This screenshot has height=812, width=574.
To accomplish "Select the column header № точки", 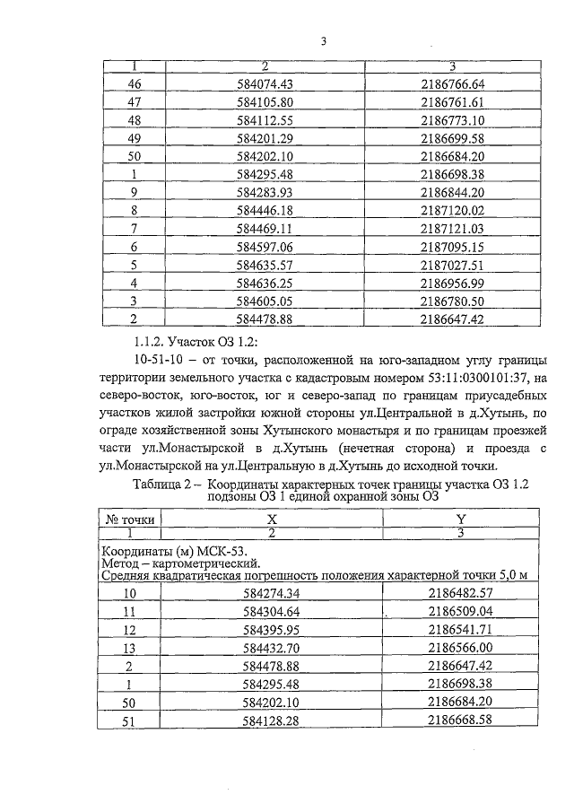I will coord(131,519).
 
